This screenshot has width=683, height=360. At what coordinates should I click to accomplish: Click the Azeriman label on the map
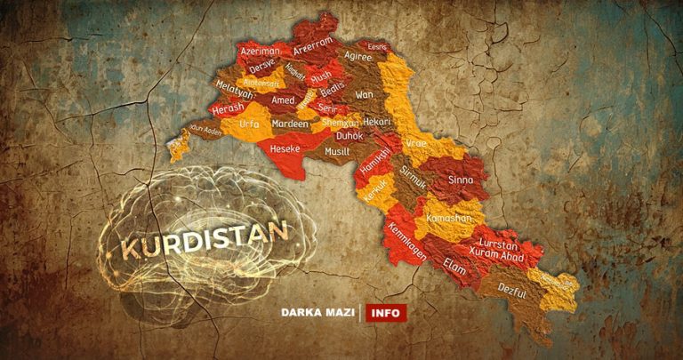tap(260, 52)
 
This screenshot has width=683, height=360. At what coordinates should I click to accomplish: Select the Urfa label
tap(250, 124)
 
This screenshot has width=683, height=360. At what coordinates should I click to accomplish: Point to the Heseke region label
tap(285, 148)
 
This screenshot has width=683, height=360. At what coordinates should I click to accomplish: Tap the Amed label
tap(283, 101)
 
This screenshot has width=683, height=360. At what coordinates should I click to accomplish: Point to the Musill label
tap(336, 152)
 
